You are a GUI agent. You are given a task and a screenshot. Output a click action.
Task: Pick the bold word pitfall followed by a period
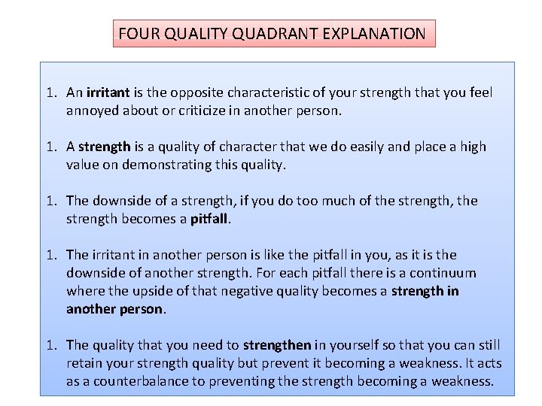point(211,219)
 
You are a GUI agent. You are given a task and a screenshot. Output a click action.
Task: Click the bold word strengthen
point(277,345)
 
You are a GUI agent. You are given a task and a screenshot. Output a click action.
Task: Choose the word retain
point(84,363)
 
